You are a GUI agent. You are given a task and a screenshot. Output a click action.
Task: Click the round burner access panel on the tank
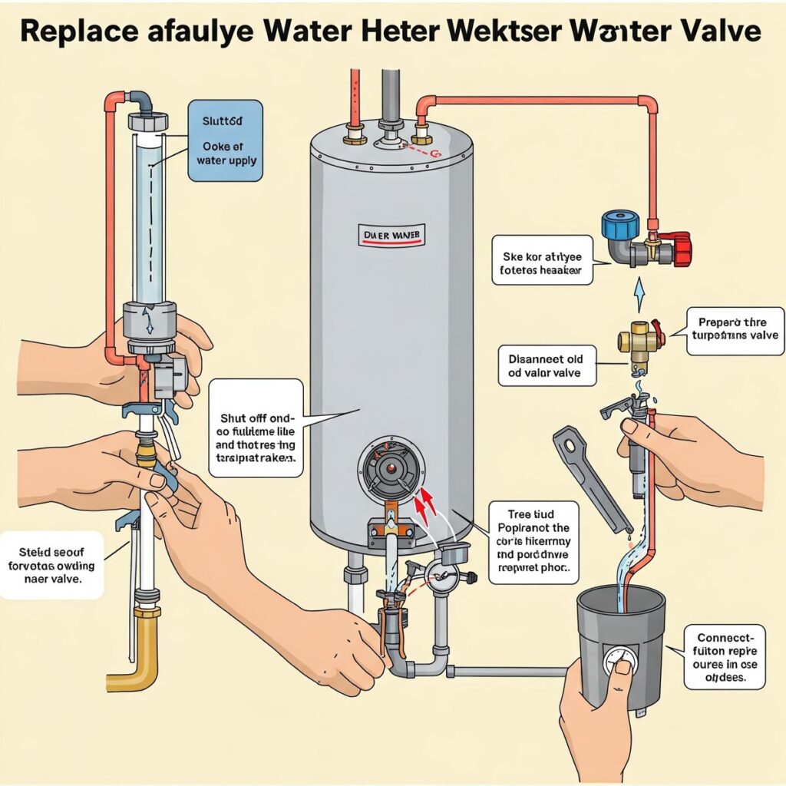click(x=391, y=469)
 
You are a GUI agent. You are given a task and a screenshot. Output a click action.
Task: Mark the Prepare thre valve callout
click(x=735, y=331)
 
